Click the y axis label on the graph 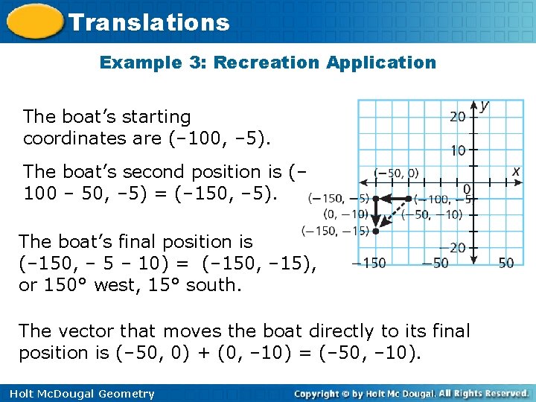point(485,106)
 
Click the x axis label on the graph point(516,171)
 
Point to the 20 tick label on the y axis point(457,117)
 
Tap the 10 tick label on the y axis point(457,150)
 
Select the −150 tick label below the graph point(369,263)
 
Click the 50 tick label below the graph point(506,263)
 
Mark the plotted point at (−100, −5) point(409,199)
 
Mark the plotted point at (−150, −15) point(376,232)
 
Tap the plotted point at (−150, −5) point(376,199)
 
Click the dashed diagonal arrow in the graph point(394,214)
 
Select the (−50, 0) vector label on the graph point(396,173)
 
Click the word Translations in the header point(149,22)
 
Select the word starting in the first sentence point(159,117)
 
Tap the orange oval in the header point(33,22)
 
